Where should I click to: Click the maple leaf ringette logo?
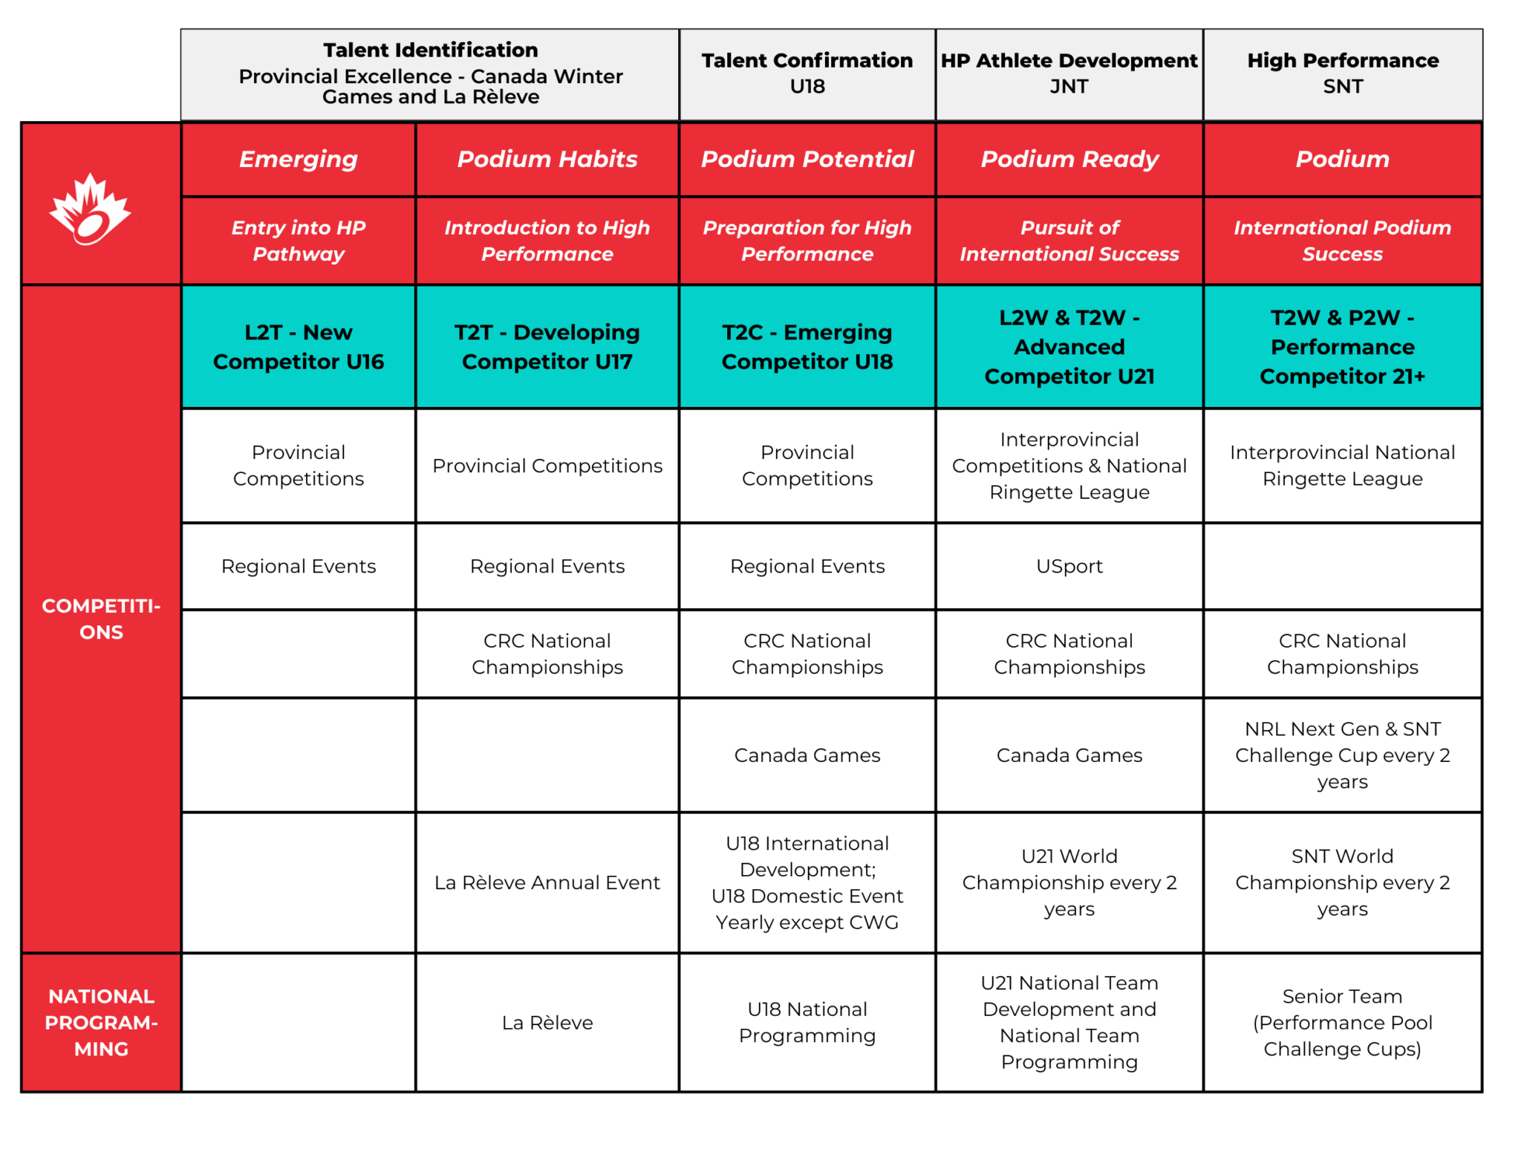(x=90, y=209)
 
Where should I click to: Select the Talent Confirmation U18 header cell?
(x=807, y=74)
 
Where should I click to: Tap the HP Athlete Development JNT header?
(x=1069, y=74)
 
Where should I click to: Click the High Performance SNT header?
(x=1343, y=74)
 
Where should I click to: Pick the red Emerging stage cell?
(x=299, y=159)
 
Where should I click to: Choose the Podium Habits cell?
(x=547, y=159)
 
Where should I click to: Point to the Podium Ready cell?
(x=1069, y=159)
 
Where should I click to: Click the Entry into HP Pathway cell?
(x=299, y=241)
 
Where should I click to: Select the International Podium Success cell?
(x=1343, y=241)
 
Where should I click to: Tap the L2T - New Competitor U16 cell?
(x=299, y=347)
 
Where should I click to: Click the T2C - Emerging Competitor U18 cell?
(x=807, y=347)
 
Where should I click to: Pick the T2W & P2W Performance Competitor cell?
(x=1343, y=347)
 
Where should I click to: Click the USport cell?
(x=1069, y=566)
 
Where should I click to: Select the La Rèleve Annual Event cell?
(x=547, y=882)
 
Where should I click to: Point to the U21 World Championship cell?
(x=1069, y=882)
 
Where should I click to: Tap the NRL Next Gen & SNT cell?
(x=1343, y=755)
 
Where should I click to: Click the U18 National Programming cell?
(x=807, y=1022)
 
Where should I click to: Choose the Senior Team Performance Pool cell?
(x=1343, y=1022)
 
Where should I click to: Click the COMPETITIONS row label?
(x=102, y=619)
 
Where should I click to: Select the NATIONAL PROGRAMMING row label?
(x=102, y=1022)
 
